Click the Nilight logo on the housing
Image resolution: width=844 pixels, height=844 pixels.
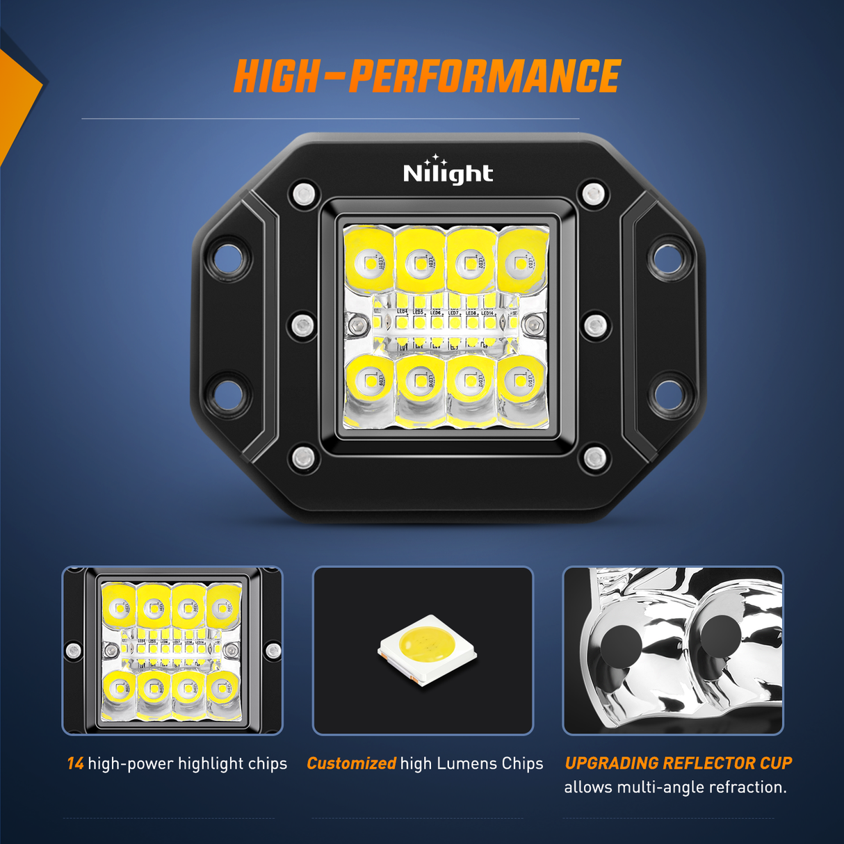tap(448, 172)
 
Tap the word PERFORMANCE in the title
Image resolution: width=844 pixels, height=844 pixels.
tap(484, 76)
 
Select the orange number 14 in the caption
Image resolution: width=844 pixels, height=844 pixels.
tap(75, 763)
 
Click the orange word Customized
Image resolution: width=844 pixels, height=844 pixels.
tap(351, 763)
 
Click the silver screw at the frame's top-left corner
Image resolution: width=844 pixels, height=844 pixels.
tap(303, 193)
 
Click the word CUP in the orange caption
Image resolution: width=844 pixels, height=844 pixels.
tap(776, 763)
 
